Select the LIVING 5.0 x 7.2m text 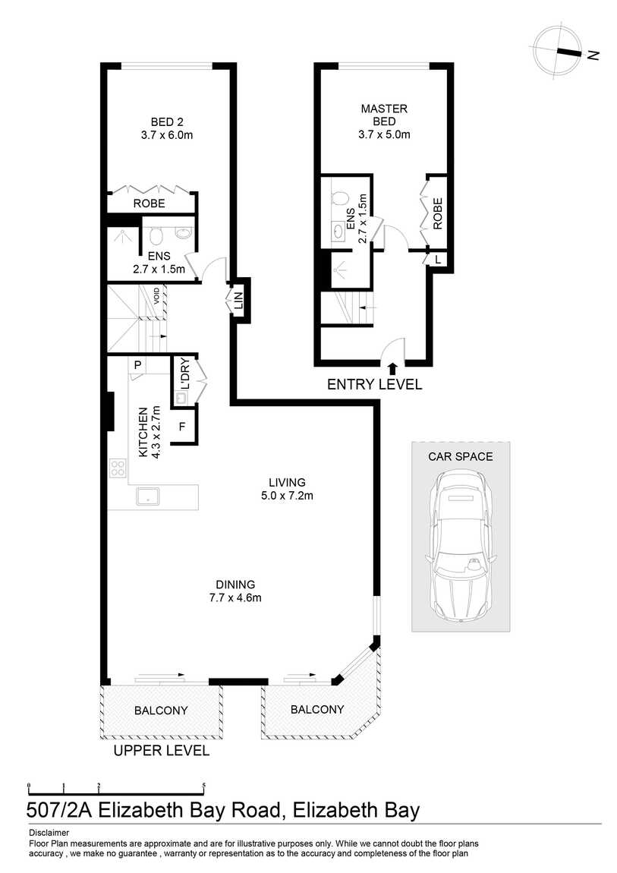[x=287, y=489]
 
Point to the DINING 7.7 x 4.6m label [x=235, y=591]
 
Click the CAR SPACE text [x=461, y=456]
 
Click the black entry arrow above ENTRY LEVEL [x=392, y=368]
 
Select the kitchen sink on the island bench [x=148, y=496]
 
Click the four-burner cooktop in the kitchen [x=118, y=467]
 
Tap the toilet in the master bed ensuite [x=338, y=197]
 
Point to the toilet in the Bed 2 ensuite [x=156, y=236]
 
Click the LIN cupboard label [x=238, y=301]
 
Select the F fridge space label [x=182, y=427]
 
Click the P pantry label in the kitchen [x=138, y=366]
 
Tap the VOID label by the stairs [x=157, y=294]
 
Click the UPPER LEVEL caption [x=162, y=751]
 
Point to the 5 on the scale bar [x=204, y=785]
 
